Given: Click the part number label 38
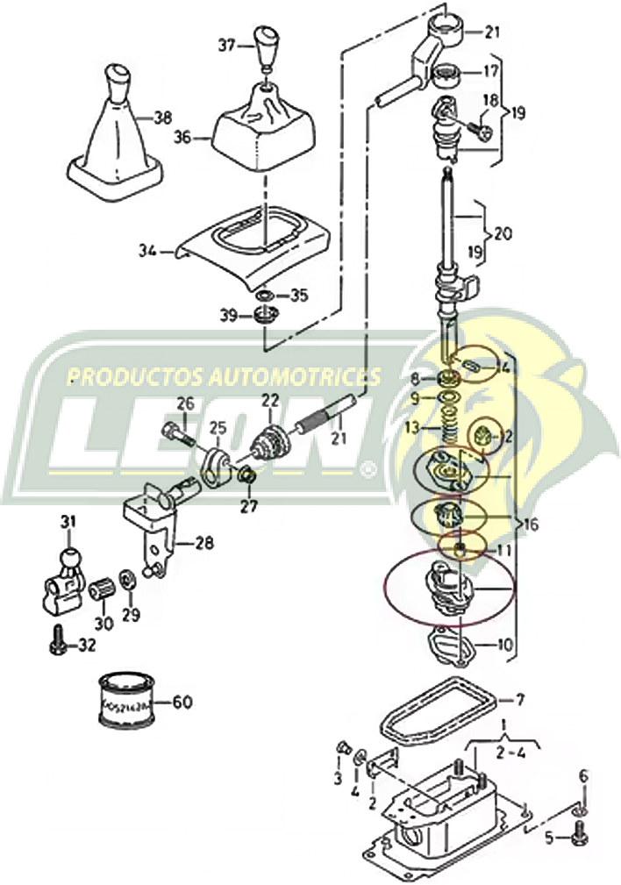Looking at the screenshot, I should pyautogui.click(x=162, y=116).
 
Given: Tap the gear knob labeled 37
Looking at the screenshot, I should pyautogui.click(x=266, y=46).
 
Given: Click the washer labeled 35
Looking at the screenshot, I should pyautogui.click(x=267, y=296).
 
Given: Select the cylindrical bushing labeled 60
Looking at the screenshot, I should pyautogui.click(x=127, y=700).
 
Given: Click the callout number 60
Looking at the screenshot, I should pyautogui.click(x=182, y=702).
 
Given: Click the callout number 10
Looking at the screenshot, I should pyautogui.click(x=504, y=646).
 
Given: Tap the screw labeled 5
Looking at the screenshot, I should pyautogui.click(x=580, y=839).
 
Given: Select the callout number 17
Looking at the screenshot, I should pyautogui.click(x=490, y=72).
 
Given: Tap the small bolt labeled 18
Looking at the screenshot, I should pyautogui.click(x=481, y=129).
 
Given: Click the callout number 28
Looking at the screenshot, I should pyautogui.click(x=203, y=544).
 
